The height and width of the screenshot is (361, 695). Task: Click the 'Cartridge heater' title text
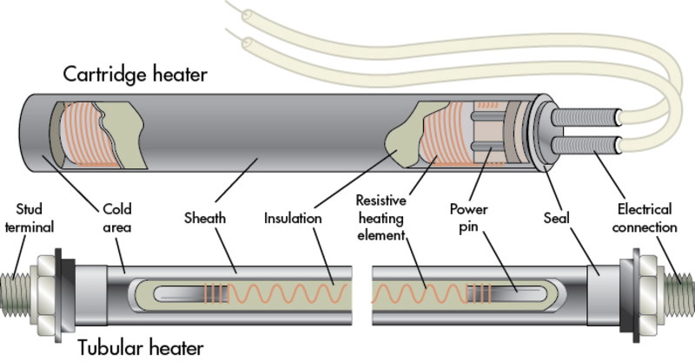pos(135,75)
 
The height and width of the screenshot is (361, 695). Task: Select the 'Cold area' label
pos(120,220)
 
